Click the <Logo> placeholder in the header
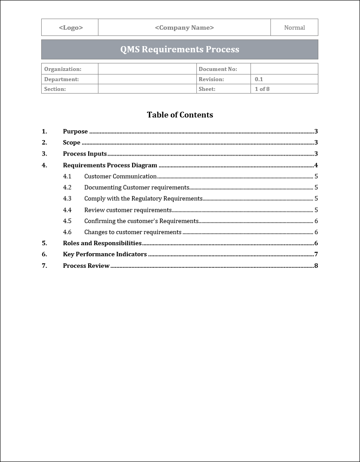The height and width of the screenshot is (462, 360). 71,27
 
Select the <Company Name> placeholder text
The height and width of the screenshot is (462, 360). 184,27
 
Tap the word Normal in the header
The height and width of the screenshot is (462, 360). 294,27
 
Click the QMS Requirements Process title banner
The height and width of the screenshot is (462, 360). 180,49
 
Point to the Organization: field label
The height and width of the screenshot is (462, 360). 63,69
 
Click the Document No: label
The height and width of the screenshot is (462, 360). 218,69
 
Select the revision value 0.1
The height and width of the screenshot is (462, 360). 259,79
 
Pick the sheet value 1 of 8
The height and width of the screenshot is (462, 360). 262,89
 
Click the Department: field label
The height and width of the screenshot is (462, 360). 62,79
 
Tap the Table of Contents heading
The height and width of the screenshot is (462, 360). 180,115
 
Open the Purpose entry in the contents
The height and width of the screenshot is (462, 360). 75,131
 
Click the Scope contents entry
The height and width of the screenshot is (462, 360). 72,142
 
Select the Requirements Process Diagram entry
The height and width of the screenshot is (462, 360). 110,165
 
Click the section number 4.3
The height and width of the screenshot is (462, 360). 67,199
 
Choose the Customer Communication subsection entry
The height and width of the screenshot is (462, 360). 120,176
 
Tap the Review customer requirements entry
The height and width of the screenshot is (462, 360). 128,210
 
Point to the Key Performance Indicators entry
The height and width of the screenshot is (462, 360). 105,254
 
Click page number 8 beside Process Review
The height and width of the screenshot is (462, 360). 316,266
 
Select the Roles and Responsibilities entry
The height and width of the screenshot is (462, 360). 102,243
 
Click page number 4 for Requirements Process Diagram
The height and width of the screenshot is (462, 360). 316,165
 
